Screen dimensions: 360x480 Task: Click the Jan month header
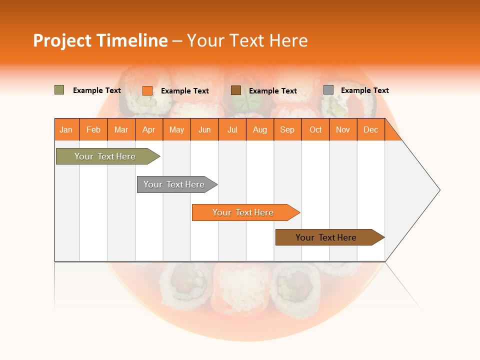[66, 129]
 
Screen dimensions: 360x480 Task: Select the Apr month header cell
[149, 129]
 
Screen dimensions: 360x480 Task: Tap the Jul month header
[232, 129]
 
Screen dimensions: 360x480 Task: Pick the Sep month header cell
[287, 129]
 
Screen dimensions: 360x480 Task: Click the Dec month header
[370, 129]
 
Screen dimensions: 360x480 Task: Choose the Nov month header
[343, 129]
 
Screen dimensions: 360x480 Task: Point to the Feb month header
[93, 129]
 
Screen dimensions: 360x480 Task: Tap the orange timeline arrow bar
[243, 212]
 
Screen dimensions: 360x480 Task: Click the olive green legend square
[59, 90]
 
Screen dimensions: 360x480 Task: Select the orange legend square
[147, 90]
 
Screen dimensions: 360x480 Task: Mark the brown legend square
[236, 90]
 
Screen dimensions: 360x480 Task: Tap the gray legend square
[328, 90]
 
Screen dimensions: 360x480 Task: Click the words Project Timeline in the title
[100, 40]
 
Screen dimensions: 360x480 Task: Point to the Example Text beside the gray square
[364, 90]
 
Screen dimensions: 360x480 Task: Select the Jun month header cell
[204, 129]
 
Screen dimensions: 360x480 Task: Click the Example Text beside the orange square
[184, 91]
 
